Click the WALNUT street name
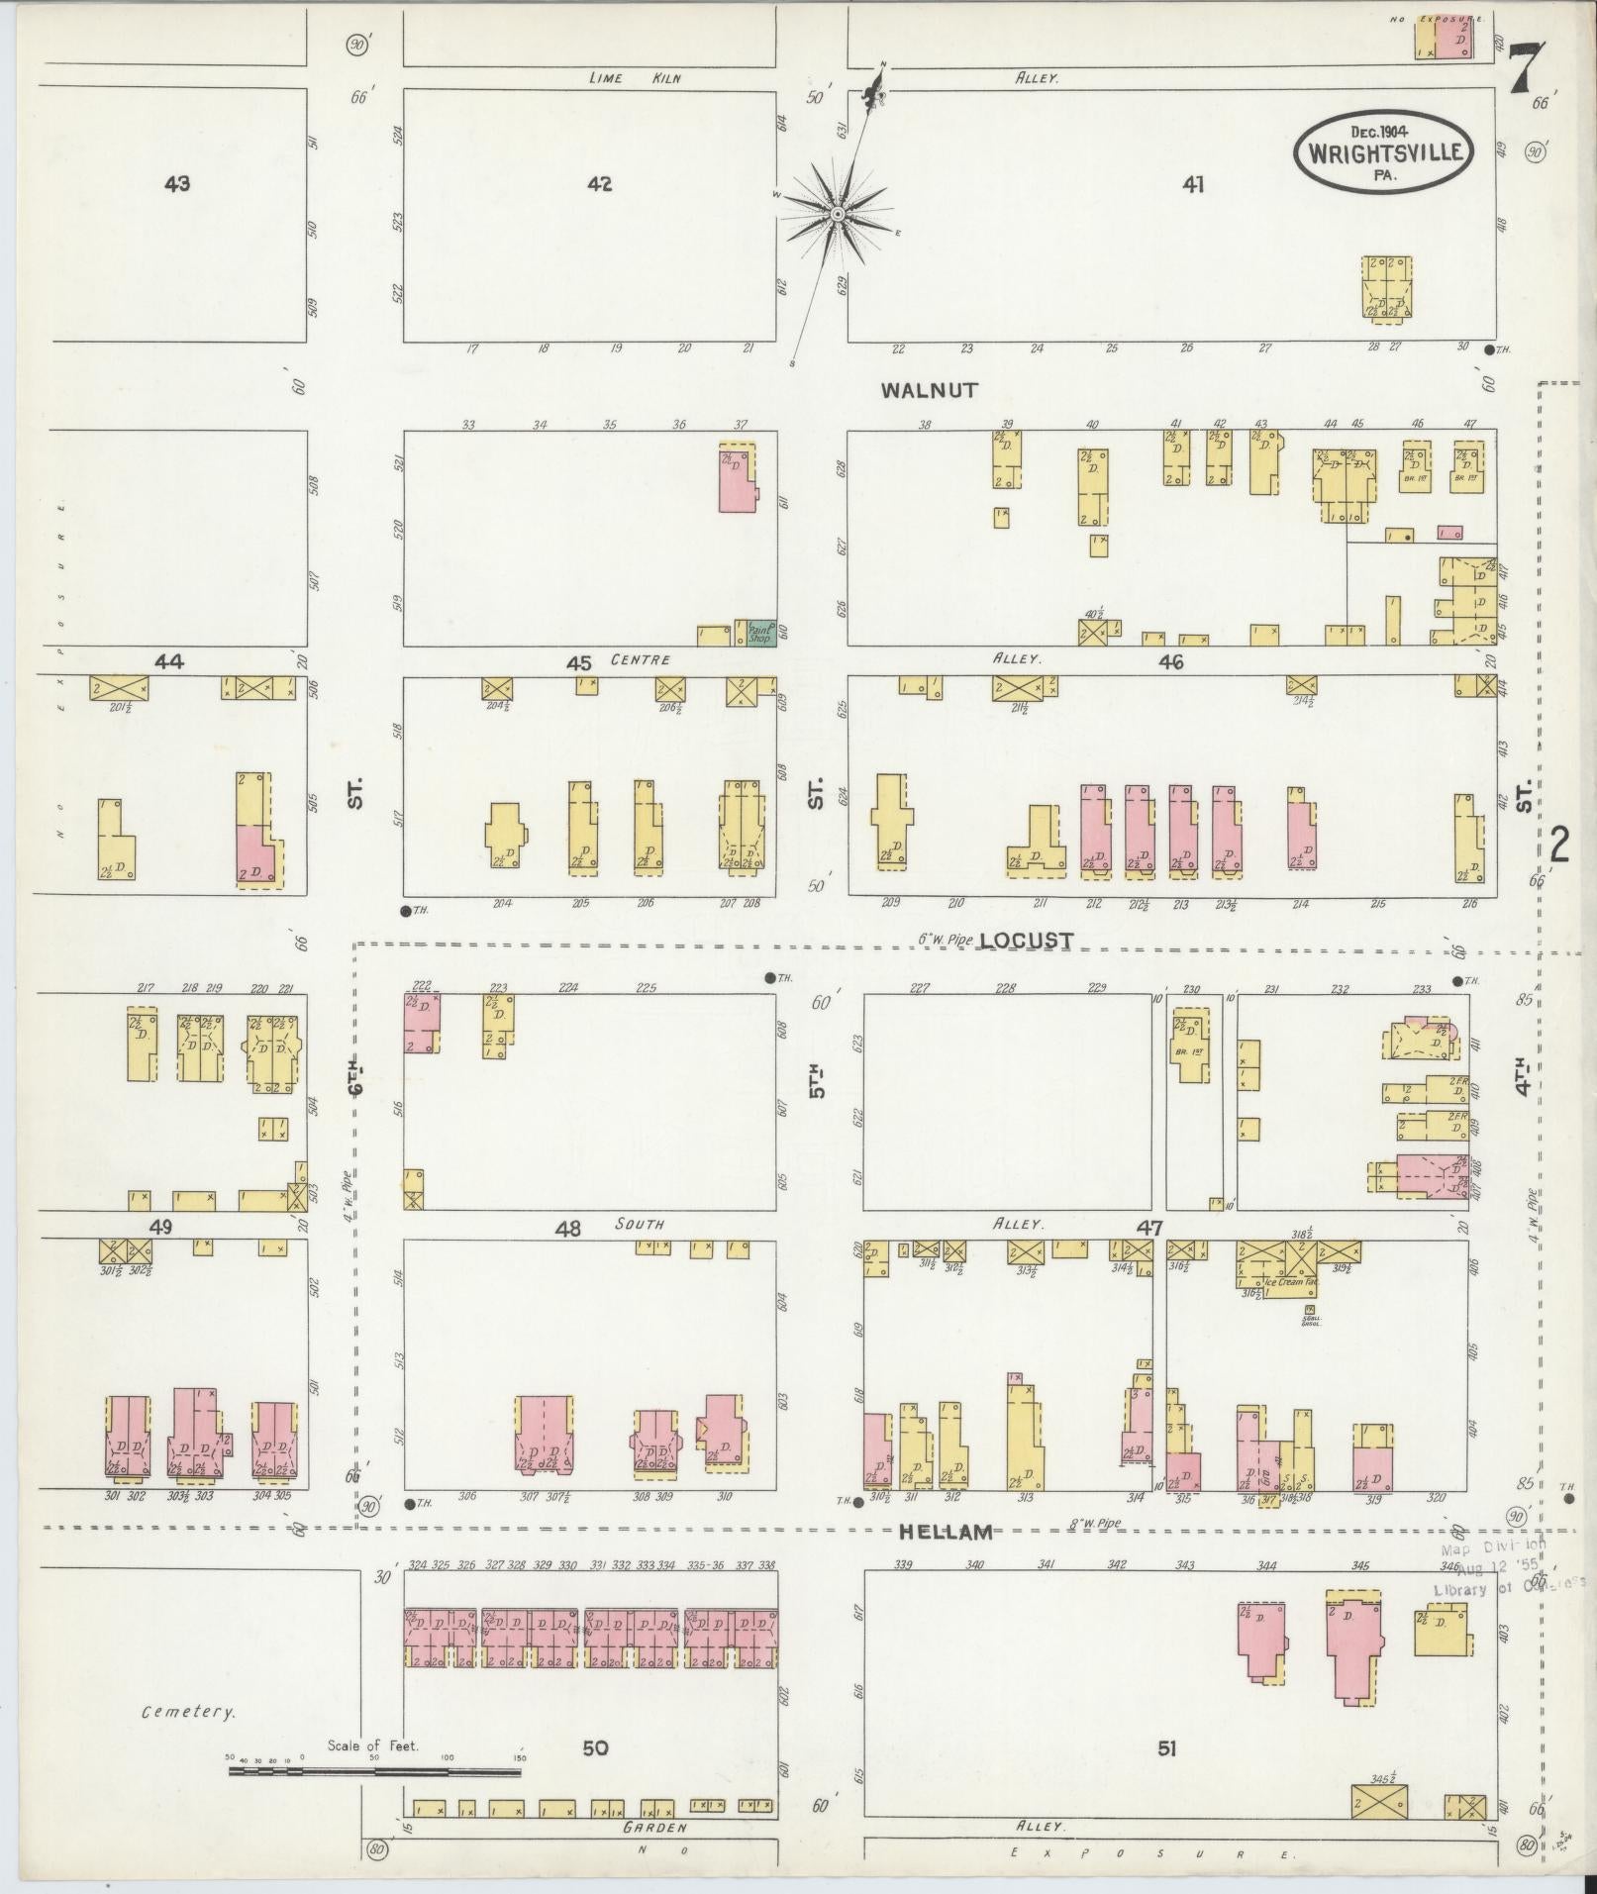pyautogui.click(x=929, y=391)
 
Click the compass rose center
pyautogui.click(x=838, y=214)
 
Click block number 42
pyautogui.click(x=599, y=183)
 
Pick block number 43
pyautogui.click(x=177, y=183)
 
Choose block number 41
pyautogui.click(x=1193, y=183)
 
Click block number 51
pyautogui.click(x=1167, y=1749)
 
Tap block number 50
pyautogui.click(x=595, y=1749)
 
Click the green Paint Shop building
pyautogui.click(x=760, y=633)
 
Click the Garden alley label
pyautogui.click(x=654, y=1828)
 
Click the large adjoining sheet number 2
pyautogui.click(x=1560, y=845)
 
